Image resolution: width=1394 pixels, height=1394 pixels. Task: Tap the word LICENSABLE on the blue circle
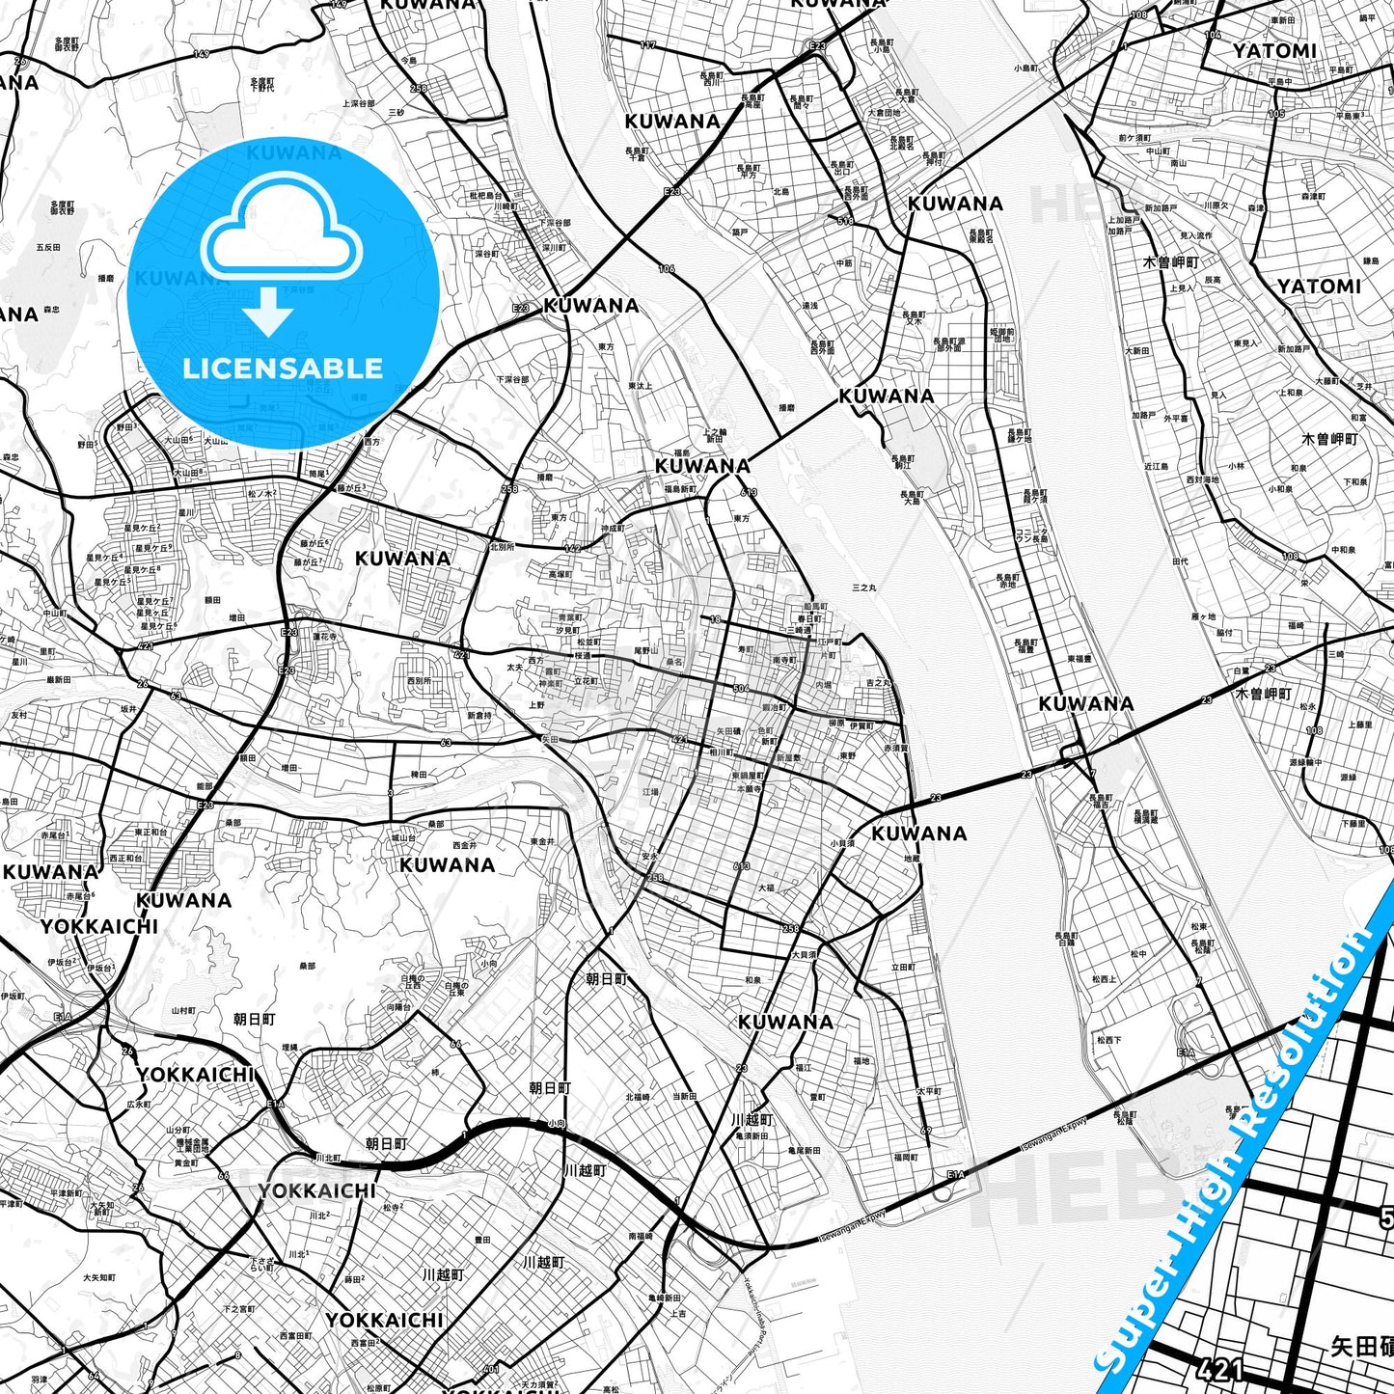tap(283, 368)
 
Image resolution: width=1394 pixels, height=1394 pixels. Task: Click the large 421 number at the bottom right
tap(1219, 1369)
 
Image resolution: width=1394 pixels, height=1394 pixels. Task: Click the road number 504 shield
tap(741, 689)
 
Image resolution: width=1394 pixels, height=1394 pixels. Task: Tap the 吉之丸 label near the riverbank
tap(878, 683)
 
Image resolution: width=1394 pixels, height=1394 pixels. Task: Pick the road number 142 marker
tap(572, 548)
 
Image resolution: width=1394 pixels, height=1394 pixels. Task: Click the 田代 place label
tap(1180, 560)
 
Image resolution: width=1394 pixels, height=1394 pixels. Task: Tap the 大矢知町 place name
tap(101, 1209)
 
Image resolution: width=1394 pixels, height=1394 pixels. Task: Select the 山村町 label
tap(183, 1010)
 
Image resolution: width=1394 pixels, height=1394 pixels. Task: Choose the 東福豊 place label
tap(1080, 659)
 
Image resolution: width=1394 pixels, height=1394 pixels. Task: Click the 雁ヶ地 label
tap(1204, 615)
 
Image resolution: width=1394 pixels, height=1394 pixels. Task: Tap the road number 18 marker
tap(715, 619)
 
